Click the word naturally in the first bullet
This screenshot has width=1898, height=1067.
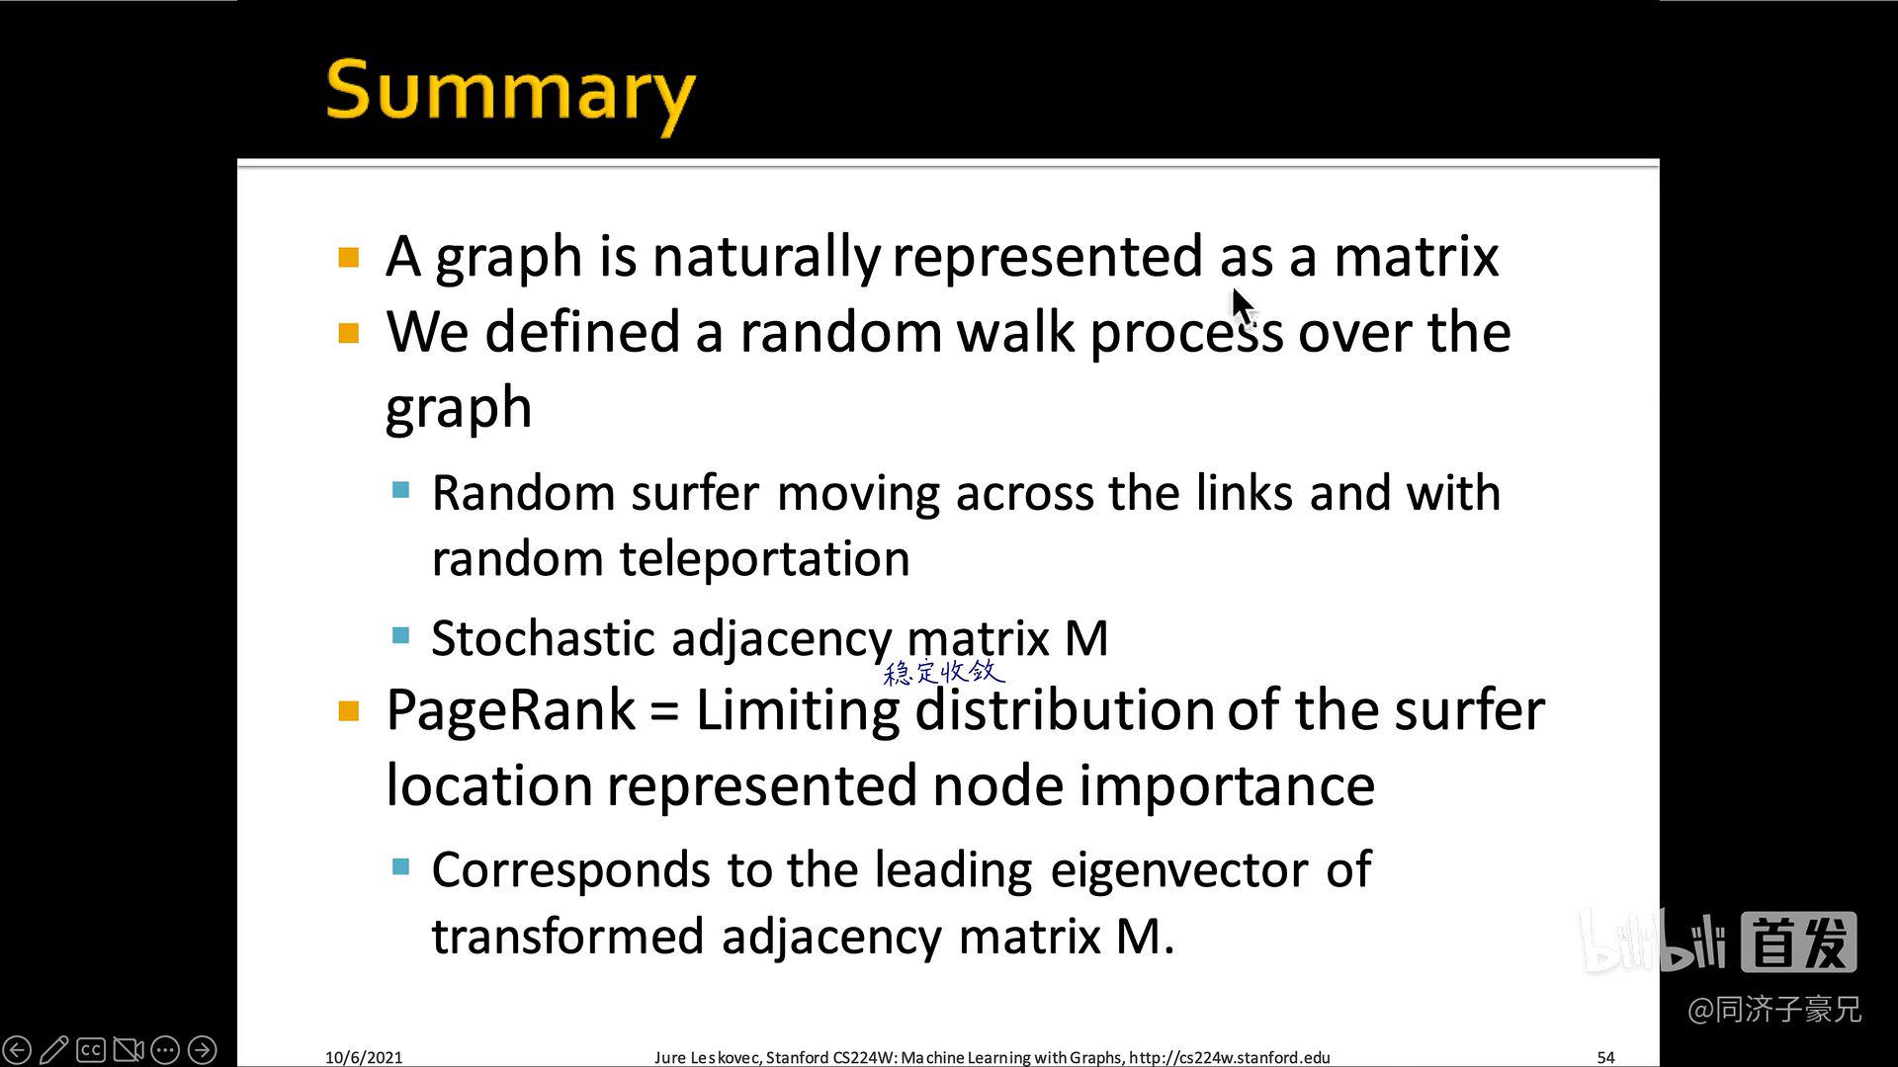[x=765, y=257]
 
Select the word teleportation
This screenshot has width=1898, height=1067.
[x=764, y=559]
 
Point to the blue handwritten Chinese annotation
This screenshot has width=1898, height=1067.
[x=943, y=673]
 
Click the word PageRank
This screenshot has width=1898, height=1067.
[x=510, y=710]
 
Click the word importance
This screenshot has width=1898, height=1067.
[x=1226, y=785]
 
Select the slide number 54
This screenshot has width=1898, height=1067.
[x=1605, y=1057]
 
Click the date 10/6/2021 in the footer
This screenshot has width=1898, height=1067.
[x=364, y=1057]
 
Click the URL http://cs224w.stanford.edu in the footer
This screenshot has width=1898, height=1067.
[x=1229, y=1057]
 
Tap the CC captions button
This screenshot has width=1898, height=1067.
[x=91, y=1049]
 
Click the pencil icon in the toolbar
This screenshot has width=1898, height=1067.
[x=54, y=1049]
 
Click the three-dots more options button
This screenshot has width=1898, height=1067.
[x=165, y=1049]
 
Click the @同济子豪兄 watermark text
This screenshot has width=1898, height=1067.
[x=1774, y=1010]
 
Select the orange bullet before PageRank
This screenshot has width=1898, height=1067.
[x=349, y=711]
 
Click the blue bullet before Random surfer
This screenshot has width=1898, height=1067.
[x=400, y=490]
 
